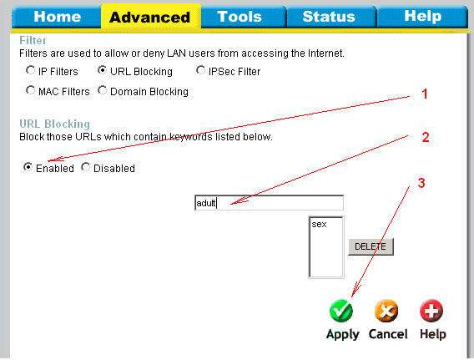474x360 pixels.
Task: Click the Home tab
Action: pyautogui.click(x=57, y=17)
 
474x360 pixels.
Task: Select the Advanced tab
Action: pyautogui.click(x=150, y=17)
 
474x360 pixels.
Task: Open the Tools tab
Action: pyautogui.click(x=240, y=17)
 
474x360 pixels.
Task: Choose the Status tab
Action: pyautogui.click(x=329, y=17)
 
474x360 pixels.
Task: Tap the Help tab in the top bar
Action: pyautogui.click(x=422, y=17)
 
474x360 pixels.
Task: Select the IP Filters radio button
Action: pyautogui.click(x=30, y=70)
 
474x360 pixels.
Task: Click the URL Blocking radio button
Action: pyautogui.click(x=102, y=70)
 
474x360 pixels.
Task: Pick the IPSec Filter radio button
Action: pyautogui.click(x=200, y=70)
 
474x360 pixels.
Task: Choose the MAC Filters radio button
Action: pyautogui.click(x=30, y=90)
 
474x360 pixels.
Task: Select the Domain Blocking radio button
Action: pyautogui.click(x=102, y=90)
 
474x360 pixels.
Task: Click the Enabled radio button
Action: pyautogui.click(x=28, y=167)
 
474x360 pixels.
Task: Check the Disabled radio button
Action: pyautogui.click(x=86, y=167)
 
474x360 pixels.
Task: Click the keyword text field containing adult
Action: pyautogui.click(x=269, y=203)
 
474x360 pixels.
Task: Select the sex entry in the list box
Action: pyautogui.click(x=320, y=224)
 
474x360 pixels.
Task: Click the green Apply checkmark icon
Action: pyautogui.click(x=341, y=311)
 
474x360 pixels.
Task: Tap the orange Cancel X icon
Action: pyautogui.click(x=386, y=311)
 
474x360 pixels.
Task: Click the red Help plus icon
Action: pyautogui.click(x=431, y=311)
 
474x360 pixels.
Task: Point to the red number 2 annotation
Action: pyautogui.click(x=426, y=137)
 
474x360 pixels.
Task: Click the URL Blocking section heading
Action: pyautogui.click(x=55, y=124)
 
